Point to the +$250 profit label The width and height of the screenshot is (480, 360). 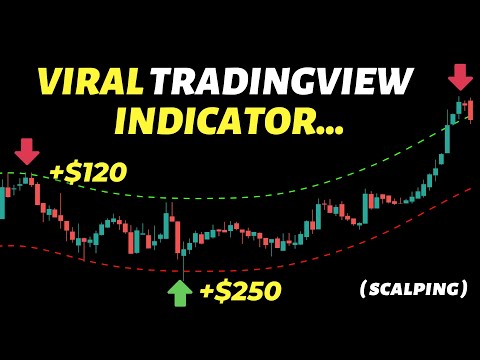pyautogui.click(x=240, y=291)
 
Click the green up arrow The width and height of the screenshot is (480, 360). pyautogui.click(x=179, y=292)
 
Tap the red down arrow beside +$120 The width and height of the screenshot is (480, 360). pyautogui.click(x=27, y=152)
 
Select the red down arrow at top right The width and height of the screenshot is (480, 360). pyautogui.click(x=461, y=77)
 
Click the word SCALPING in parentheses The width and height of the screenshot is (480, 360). pyautogui.click(x=413, y=289)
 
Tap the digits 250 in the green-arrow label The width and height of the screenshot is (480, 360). pyautogui.click(x=256, y=291)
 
